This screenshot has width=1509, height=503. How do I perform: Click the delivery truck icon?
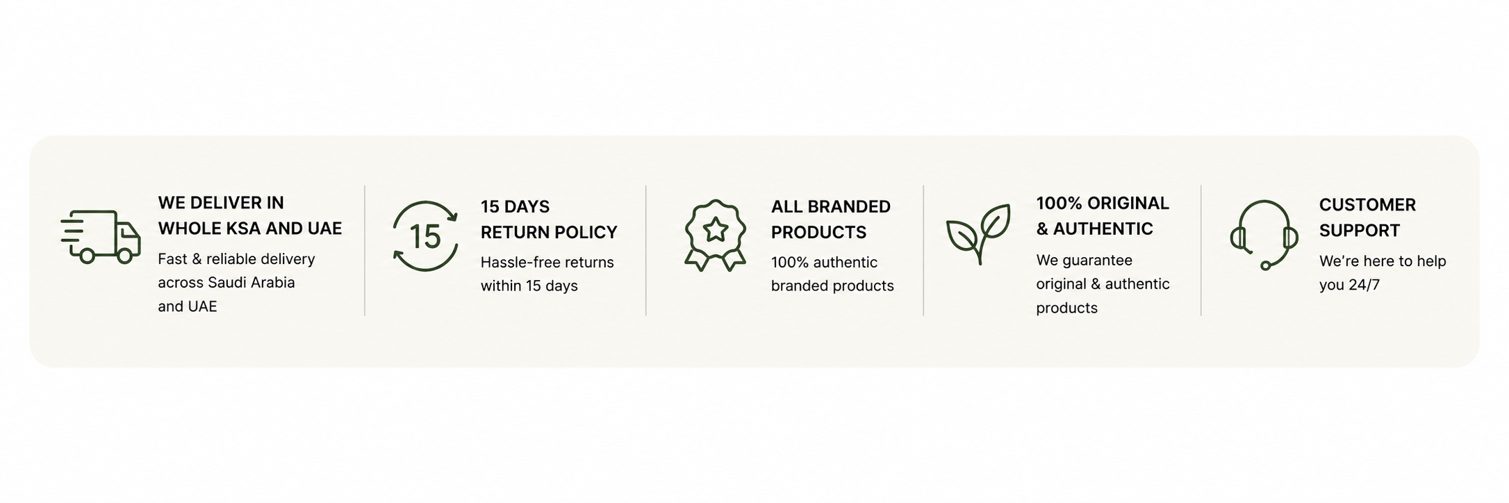[x=101, y=237]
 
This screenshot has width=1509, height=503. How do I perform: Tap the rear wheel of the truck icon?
[x=88, y=256]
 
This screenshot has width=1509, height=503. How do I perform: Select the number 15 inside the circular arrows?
[x=425, y=236]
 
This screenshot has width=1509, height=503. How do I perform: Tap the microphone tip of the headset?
[x=1265, y=265]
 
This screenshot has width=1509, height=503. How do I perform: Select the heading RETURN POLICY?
[x=549, y=232]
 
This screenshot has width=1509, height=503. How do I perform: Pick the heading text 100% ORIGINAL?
[x=1103, y=203]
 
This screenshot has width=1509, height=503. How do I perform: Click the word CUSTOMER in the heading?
[x=1367, y=205]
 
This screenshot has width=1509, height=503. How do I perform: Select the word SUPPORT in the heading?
[x=1360, y=231]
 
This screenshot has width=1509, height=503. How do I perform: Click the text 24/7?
[x=1364, y=285]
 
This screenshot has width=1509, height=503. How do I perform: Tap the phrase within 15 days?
[x=529, y=286]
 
